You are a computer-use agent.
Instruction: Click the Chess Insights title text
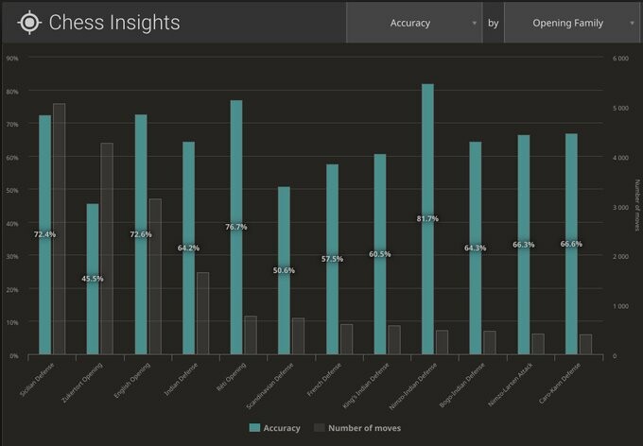pos(114,23)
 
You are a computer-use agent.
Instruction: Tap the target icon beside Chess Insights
pos(30,23)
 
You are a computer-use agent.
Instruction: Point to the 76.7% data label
pos(236,227)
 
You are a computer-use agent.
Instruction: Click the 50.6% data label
pos(285,270)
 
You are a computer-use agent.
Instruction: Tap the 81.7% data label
pos(427,218)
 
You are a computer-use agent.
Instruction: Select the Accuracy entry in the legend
pos(276,428)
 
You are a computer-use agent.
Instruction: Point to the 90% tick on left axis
pos(12,59)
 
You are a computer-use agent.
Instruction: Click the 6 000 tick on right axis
pos(621,59)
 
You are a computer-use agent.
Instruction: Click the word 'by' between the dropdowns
pos(493,23)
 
